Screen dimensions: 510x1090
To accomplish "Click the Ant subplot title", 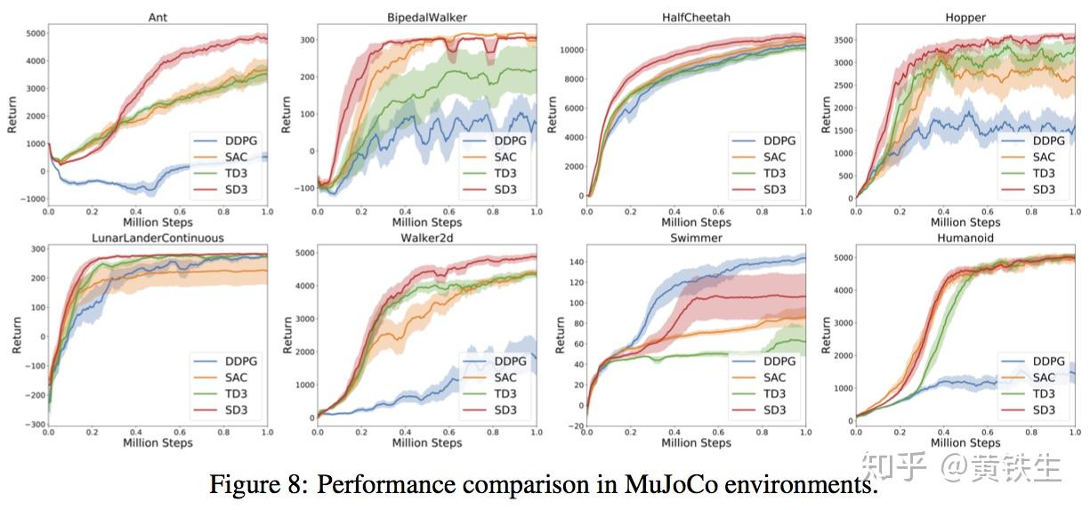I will point(158,17).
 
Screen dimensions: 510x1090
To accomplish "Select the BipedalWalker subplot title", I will point(427,17).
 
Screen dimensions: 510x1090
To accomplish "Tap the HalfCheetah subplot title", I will point(697,17).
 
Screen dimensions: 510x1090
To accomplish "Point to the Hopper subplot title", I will point(965,17).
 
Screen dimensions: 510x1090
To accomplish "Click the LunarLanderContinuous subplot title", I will point(158,239).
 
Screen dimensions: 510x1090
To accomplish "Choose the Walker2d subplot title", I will point(427,239).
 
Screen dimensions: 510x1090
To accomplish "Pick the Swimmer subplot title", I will point(697,239).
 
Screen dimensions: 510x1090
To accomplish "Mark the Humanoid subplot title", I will point(965,239).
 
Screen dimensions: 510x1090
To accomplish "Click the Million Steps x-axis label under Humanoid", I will point(965,443).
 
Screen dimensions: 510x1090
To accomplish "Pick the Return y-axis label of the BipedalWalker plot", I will point(287,115).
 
